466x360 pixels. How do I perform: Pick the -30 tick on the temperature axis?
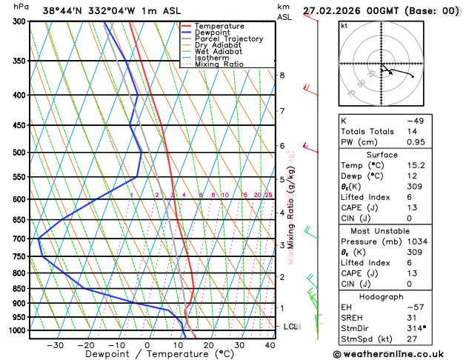(55, 345)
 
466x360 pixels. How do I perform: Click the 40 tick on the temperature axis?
(270, 345)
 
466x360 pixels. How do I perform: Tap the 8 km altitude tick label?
(282, 76)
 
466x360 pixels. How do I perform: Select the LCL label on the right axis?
(291, 327)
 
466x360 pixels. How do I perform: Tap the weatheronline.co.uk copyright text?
(396, 354)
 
